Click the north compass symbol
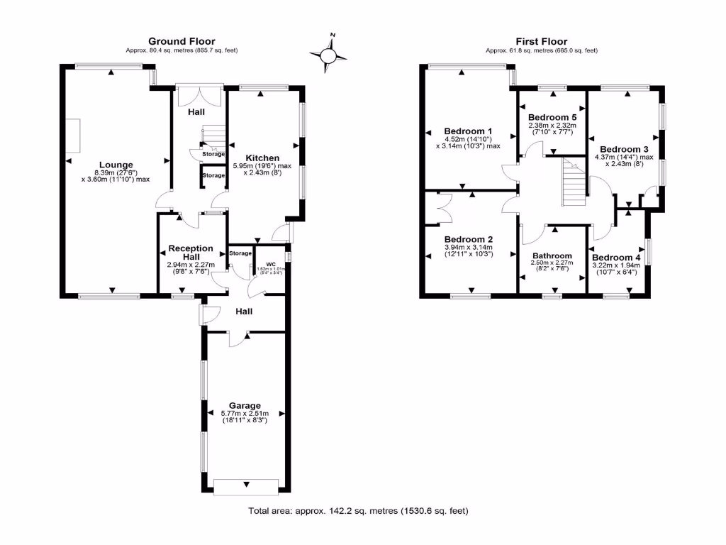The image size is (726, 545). (329, 54)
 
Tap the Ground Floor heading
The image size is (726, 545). (181, 42)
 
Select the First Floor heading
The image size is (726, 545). (542, 42)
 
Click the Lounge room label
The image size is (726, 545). (117, 165)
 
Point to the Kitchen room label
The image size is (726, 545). (262, 158)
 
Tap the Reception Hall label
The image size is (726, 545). (190, 252)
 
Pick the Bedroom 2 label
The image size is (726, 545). (468, 239)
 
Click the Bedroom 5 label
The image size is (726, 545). (552, 117)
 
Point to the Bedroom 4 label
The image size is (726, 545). (616, 257)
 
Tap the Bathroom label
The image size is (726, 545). (552, 255)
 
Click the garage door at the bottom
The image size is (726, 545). (246, 487)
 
